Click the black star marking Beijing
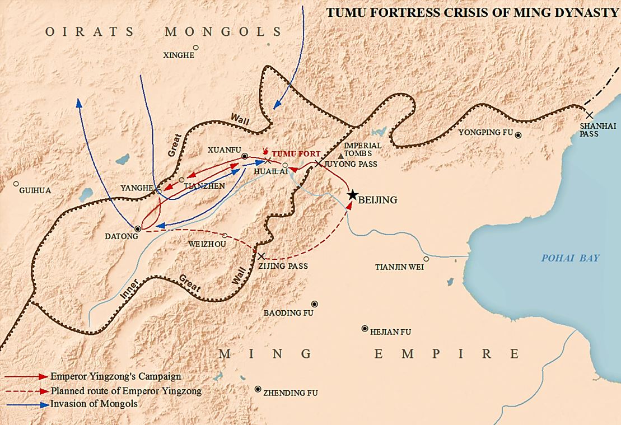352,195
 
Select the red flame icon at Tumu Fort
267,151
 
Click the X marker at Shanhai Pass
589,115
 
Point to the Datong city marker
138,228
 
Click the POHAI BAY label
569,258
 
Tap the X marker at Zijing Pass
261,256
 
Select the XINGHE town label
179,55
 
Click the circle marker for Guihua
16,183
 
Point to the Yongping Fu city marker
519,134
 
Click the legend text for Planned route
125,391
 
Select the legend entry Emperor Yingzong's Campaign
115,377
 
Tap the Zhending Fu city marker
257,389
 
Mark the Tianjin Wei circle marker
426,259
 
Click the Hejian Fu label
390,332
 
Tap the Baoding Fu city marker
315,303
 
